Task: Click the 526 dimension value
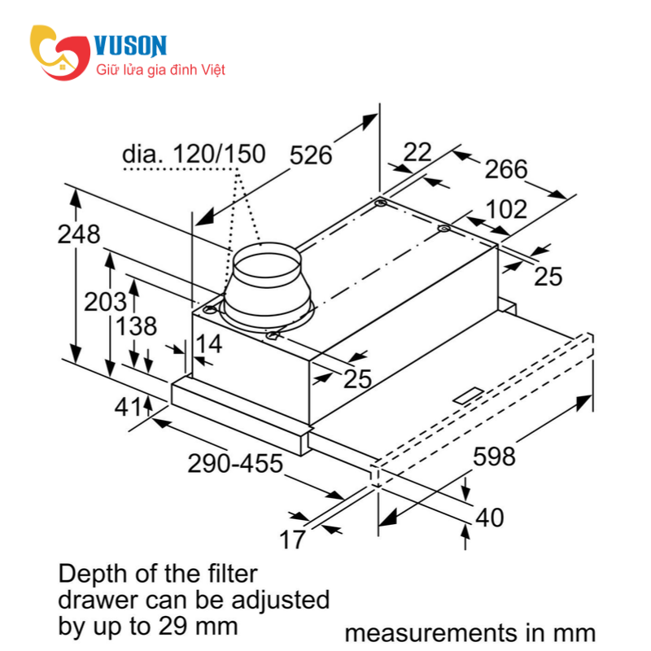click(311, 155)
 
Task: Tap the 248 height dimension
click(79, 234)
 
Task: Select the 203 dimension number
click(105, 301)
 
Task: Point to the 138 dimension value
click(135, 327)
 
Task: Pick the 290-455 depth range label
click(235, 465)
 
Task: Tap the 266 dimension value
click(506, 169)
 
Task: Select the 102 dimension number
click(506, 209)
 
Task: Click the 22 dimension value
click(417, 151)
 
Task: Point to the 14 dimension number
click(208, 344)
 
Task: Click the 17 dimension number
click(292, 538)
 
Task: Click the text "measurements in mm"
click(470, 633)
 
